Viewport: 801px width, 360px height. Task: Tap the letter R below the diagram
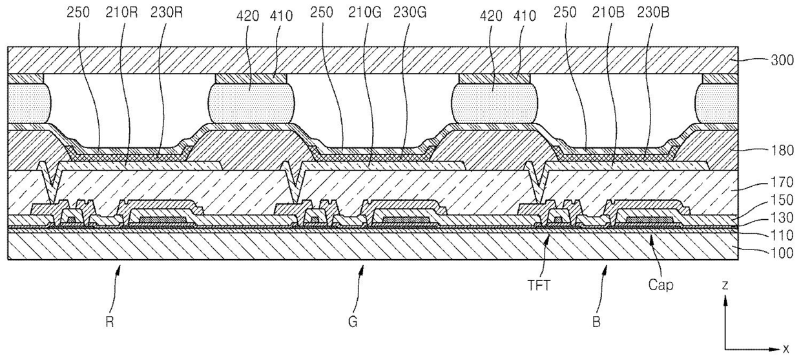click(109, 321)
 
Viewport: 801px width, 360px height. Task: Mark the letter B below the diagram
click(596, 321)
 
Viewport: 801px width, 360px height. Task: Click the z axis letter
click(727, 284)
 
